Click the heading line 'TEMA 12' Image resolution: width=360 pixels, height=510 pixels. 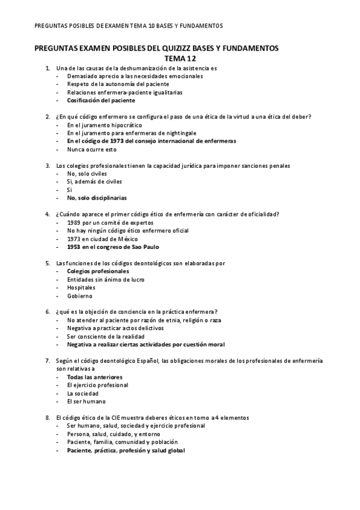point(179,58)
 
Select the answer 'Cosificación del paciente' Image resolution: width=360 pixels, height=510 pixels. point(101,101)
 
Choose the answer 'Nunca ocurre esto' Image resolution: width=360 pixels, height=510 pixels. point(91,149)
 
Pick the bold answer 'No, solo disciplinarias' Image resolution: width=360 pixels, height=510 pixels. point(97,198)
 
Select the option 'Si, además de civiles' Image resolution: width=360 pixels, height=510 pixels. point(94,181)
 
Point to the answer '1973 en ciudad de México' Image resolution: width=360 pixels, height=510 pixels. point(102,238)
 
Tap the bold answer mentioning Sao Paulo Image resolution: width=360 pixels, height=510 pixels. point(113,247)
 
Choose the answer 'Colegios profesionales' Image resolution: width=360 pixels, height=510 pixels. point(97,271)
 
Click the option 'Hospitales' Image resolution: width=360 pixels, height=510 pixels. point(81,287)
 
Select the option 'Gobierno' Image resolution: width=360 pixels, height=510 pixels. point(79,295)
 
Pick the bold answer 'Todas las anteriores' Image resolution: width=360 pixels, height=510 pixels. point(94,377)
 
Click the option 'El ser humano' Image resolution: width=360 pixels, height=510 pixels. point(86,401)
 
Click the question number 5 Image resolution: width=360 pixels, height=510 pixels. point(47,263)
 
